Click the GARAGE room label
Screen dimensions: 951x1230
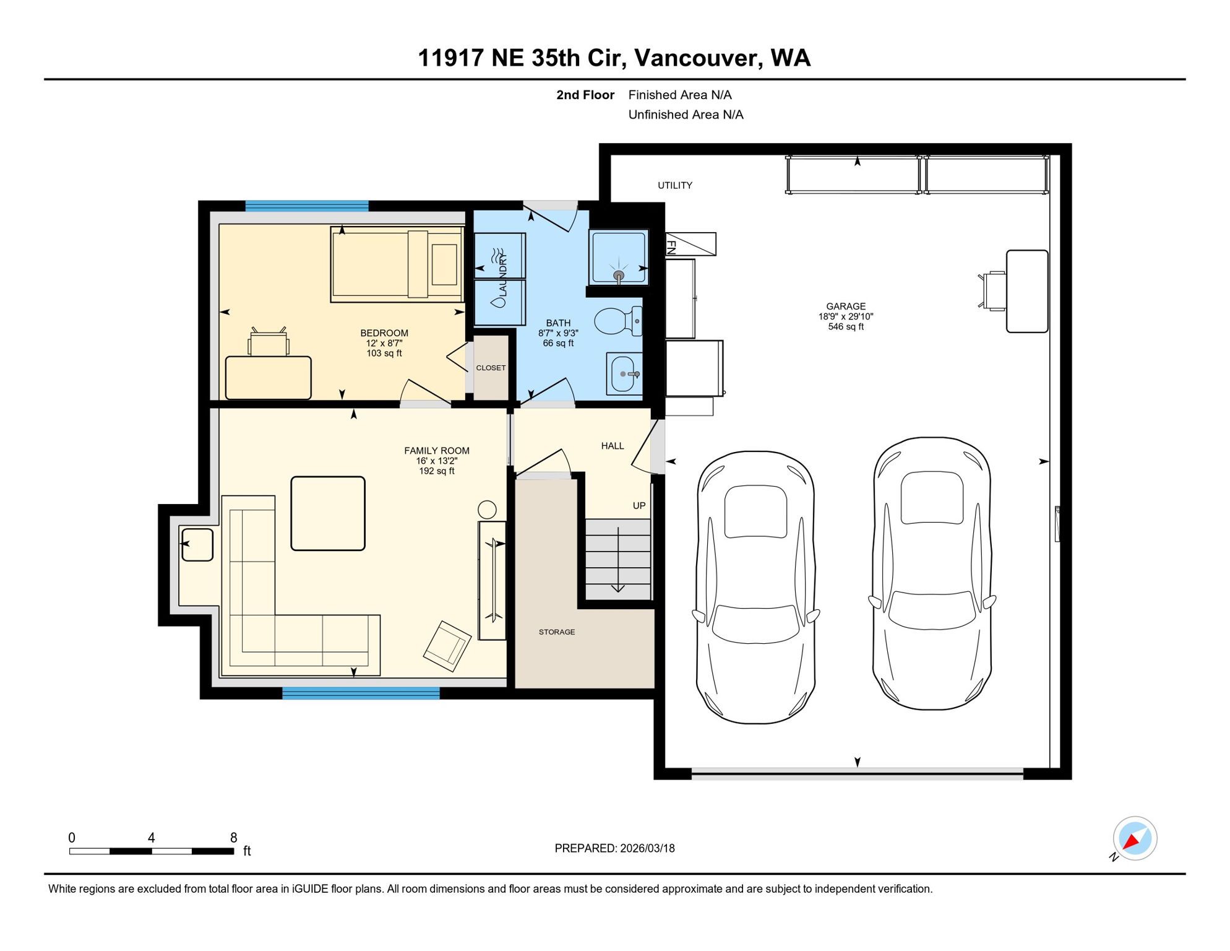coord(846,306)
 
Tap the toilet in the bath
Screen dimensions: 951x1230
coord(616,321)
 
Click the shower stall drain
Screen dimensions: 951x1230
coord(619,275)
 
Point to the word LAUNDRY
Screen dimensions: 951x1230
coord(502,275)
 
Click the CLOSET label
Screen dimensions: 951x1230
coord(491,368)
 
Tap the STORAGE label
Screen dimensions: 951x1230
coord(557,632)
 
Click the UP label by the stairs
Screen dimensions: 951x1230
coord(639,506)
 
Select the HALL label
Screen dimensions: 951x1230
coord(613,446)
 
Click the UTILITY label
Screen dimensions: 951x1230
coord(675,186)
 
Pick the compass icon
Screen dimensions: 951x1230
coord(1135,838)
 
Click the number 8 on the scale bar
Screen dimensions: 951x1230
coord(234,838)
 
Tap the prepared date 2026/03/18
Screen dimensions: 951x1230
coord(647,848)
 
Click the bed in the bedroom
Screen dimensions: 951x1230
coord(396,264)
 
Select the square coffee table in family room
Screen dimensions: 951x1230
coord(328,513)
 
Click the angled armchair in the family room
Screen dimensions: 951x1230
coord(447,646)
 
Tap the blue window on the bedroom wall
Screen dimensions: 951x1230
coord(307,206)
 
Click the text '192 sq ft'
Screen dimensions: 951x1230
coord(437,471)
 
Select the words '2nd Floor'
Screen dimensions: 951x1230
coord(585,95)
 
